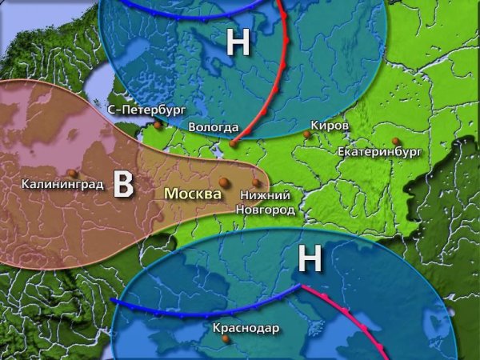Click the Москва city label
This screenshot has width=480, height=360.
[x=193, y=193]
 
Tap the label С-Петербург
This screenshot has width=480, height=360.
[x=146, y=109]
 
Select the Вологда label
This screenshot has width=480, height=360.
[x=214, y=127]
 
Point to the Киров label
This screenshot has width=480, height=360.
[x=330, y=126]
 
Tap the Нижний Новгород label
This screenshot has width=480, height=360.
[x=265, y=202]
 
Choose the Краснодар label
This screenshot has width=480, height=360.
[x=246, y=328]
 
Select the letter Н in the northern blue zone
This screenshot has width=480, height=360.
[x=238, y=43]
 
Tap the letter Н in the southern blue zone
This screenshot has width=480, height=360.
[x=310, y=259]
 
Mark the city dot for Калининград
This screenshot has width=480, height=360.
[x=73, y=173]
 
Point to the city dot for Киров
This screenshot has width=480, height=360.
[x=306, y=135]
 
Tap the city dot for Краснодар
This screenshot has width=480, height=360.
[x=226, y=339]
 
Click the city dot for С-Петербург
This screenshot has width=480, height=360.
[x=158, y=124]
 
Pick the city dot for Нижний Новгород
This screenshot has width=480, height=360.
[x=256, y=182]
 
